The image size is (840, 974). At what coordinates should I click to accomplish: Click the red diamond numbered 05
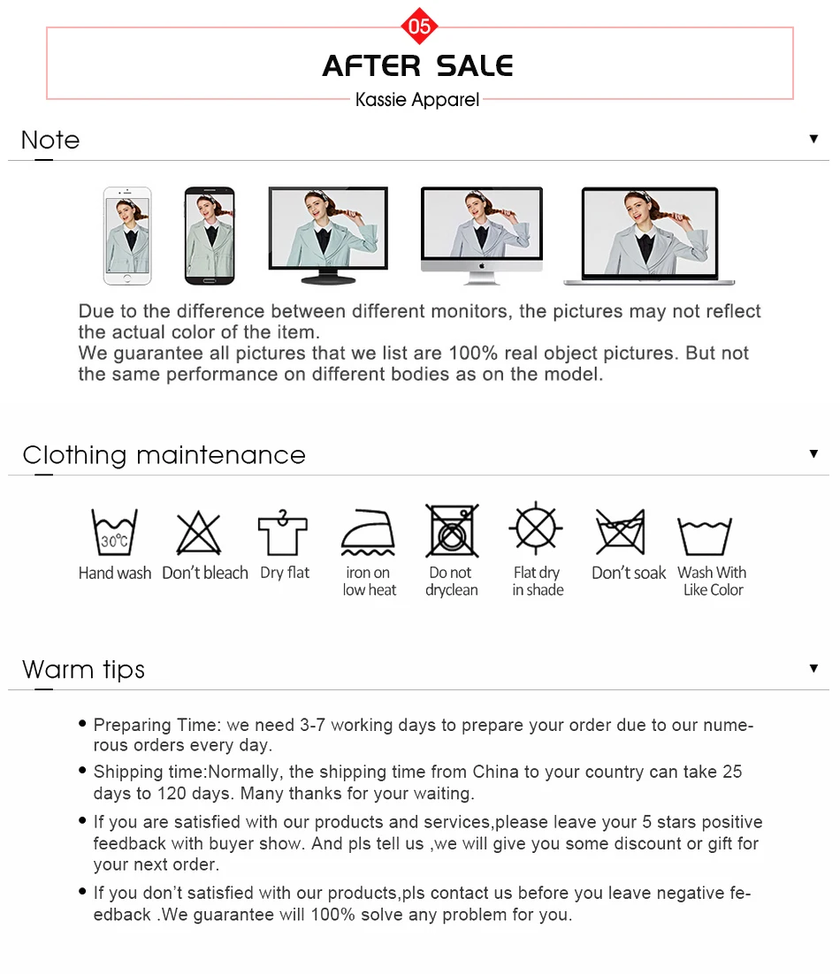419,27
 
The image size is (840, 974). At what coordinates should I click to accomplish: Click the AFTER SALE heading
417,65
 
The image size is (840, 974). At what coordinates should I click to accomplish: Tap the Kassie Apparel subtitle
416,99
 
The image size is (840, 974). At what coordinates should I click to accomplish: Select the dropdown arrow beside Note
813,139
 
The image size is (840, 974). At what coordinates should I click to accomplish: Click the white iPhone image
127,235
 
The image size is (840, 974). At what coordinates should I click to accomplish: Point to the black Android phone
210,235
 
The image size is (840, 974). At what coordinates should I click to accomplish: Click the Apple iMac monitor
482,235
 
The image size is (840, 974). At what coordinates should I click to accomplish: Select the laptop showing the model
649,236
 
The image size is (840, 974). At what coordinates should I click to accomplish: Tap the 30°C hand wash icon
114,531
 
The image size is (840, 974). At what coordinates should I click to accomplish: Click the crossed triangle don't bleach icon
199,533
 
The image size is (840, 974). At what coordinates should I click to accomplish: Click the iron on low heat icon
368,532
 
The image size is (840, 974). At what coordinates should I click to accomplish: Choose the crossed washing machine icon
452,530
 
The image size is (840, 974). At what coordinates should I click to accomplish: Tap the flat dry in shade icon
536,529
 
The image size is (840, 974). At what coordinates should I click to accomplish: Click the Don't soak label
629,573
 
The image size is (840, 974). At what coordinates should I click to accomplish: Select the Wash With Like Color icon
705,536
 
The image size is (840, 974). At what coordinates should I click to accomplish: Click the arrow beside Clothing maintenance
813,453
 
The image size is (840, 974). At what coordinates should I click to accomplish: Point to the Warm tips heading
83,670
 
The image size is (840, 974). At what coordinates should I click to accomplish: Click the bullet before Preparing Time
82,723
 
